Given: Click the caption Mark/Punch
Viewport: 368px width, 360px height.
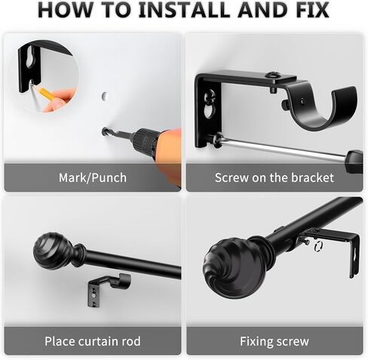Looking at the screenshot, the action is [x=93, y=178].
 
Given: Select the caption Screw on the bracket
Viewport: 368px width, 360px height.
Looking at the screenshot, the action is [x=274, y=177].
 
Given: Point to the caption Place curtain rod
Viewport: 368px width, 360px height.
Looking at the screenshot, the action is [x=93, y=341].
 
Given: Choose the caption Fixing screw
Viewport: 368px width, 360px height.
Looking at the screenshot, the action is [x=274, y=342].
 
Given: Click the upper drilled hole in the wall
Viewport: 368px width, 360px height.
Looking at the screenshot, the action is [x=105, y=96].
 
